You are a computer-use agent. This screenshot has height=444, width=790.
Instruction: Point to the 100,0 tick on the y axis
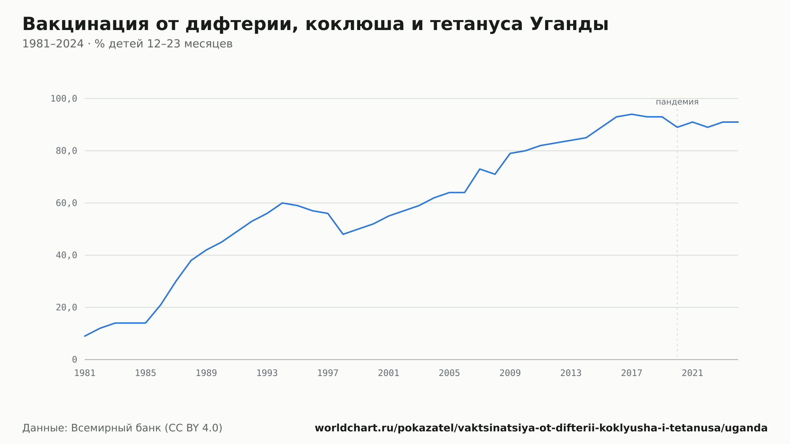64,99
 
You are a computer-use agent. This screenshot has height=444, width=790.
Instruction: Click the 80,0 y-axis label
66,151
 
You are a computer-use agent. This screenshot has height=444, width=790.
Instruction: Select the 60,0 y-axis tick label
66,203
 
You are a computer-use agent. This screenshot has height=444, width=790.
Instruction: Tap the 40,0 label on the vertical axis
66,255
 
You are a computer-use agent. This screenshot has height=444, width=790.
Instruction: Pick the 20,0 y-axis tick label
66,307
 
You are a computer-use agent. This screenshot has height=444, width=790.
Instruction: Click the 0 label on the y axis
75,359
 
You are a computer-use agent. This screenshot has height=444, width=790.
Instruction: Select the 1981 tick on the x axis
85,373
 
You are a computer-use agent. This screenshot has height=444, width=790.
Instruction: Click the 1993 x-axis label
267,373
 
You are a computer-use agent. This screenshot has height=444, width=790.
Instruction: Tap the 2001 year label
389,373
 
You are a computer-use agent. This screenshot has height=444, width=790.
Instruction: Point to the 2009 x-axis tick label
510,373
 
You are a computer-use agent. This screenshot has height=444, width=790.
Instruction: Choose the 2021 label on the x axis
692,373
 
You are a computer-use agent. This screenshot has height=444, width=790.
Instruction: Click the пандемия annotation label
677,102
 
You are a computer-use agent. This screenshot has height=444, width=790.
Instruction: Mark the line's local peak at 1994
282,203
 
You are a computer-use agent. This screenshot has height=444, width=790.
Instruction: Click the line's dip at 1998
343,234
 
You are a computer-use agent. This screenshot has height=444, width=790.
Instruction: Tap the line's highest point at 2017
632,114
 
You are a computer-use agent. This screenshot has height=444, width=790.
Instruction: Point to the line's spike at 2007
480,169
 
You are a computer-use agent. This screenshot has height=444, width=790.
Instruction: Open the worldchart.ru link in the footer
541,428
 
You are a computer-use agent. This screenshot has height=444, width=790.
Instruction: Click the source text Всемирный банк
116,428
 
